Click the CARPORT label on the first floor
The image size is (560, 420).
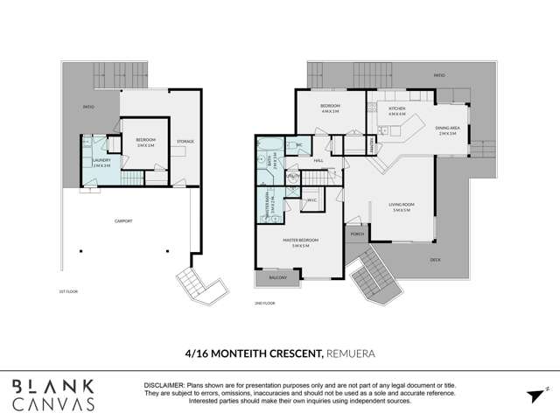pos(122,221)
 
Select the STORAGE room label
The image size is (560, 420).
pos(185,142)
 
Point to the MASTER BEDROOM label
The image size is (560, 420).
pos(301,240)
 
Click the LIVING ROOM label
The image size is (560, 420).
pos(402,206)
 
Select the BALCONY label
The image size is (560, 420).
pos(277,277)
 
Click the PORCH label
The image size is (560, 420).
pos(356,234)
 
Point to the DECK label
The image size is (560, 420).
pos(436,260)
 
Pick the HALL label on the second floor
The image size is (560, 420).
pos(319,161)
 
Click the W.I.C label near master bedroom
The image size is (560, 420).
pos(311,201)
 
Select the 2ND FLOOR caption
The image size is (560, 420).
pos(265,302)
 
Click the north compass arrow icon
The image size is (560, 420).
pos(536,395)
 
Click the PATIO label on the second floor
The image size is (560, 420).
pos(439,76)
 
